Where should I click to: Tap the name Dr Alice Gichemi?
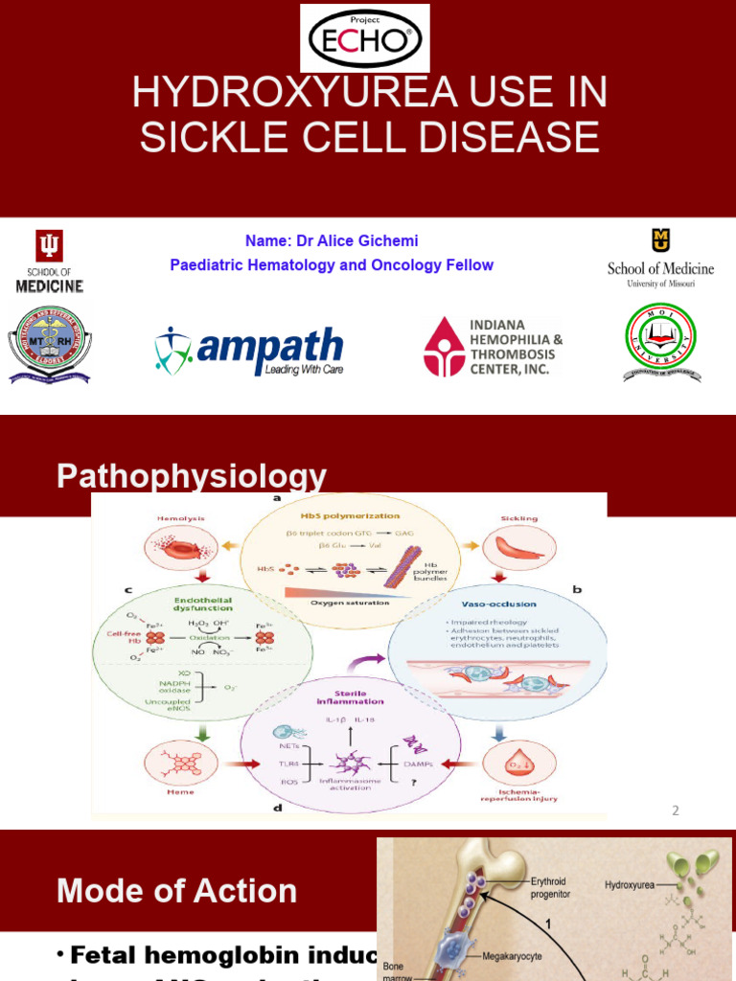[x=333, y=240]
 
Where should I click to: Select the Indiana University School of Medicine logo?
[x=49, y=261]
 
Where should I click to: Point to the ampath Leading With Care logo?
[x=249, y=351]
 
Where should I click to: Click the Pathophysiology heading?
[x=192, y=476]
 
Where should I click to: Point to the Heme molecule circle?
[x=173, y=764]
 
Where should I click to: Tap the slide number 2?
[x=675, y=810]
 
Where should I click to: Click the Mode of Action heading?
[x=176, y=891]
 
